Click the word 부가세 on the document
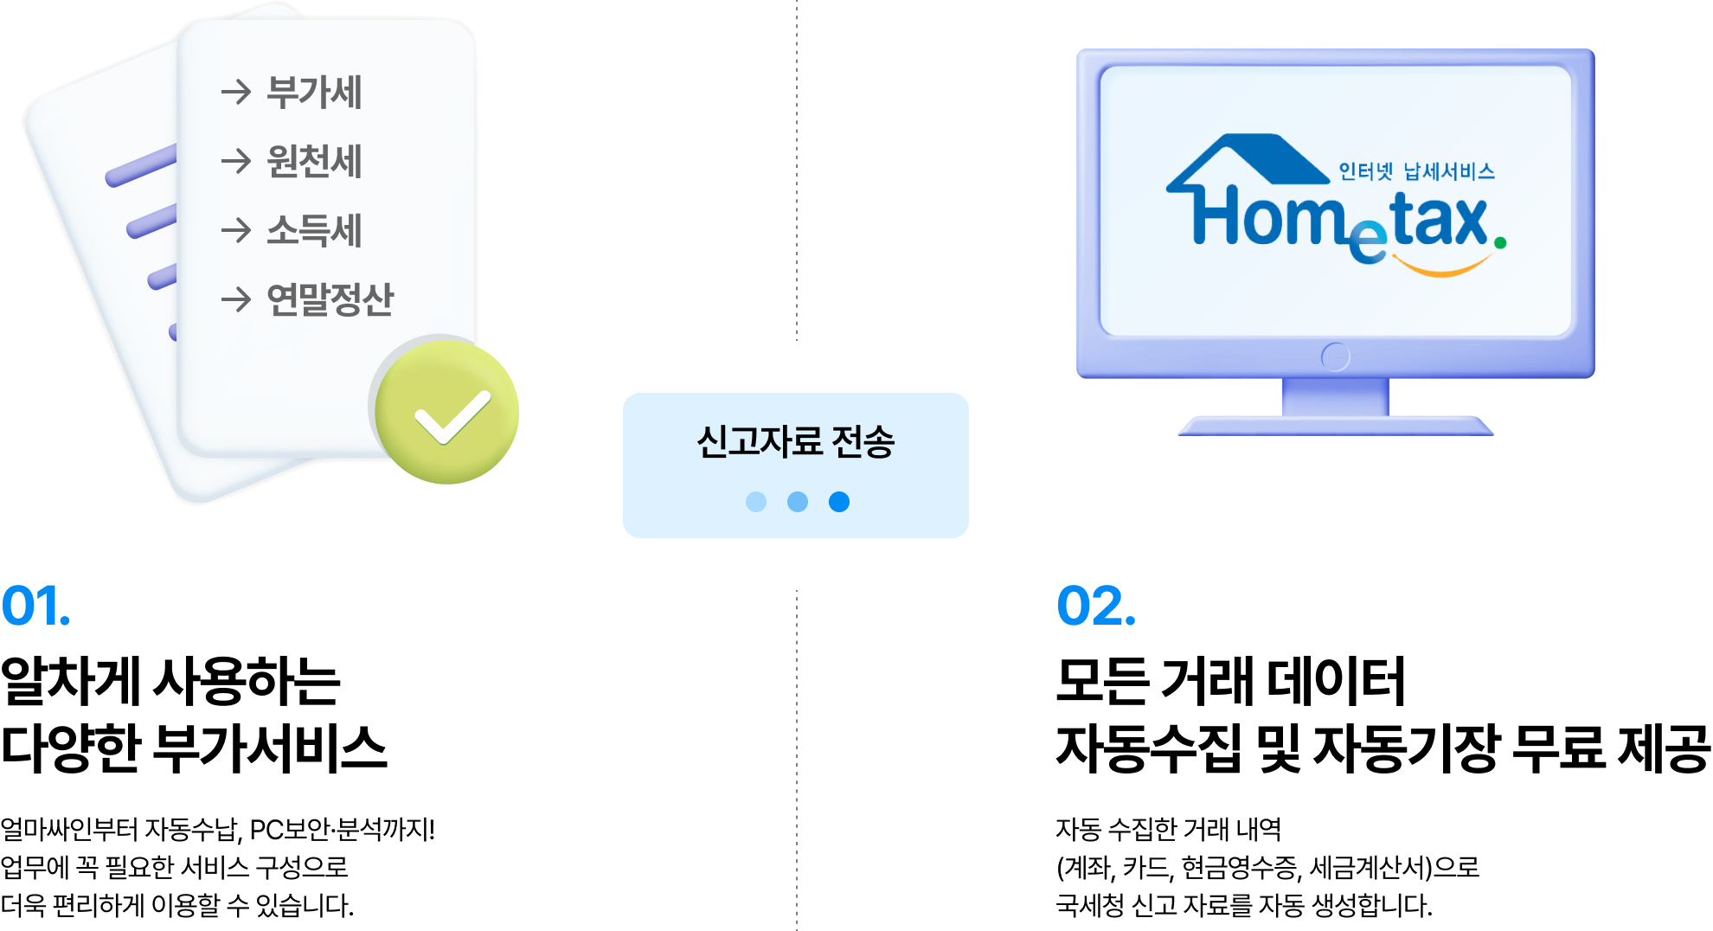pos(313,93)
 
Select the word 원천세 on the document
pos(313,162)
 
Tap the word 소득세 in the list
pos(313,231)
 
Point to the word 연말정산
pos(330,300)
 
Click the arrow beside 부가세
pos(235,92)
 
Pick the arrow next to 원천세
pos(235,161)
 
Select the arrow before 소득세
pos(235,230)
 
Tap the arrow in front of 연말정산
pos(235,299)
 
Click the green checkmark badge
pos(447,412)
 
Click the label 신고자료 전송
pos(795,441)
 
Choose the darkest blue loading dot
pos(839,502)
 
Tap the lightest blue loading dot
pos(756,502)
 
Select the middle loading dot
pos(798,502)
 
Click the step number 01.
pos(35,606)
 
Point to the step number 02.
pos(1095,606)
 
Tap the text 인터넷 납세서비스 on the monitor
pos(1416,171)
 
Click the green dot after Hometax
pos(1500,244)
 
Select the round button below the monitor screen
pos(1335,356)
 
